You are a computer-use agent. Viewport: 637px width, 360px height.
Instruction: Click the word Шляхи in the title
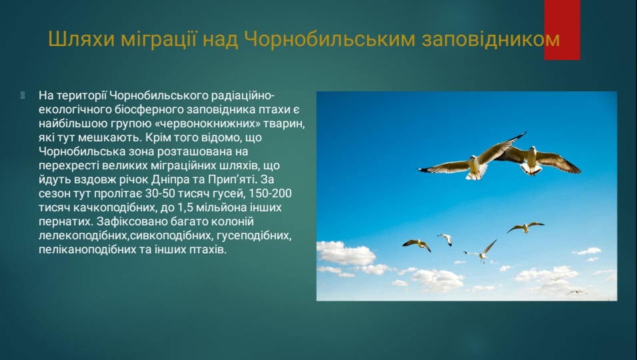point(75,39)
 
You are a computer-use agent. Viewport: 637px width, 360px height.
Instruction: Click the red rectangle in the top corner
point(562,29)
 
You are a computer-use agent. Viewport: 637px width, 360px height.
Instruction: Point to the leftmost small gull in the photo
point(417,244)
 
